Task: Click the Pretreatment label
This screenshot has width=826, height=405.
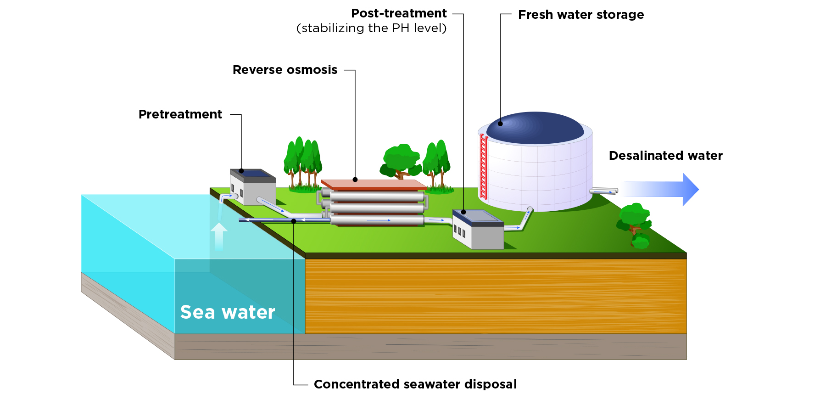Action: coord(180,114)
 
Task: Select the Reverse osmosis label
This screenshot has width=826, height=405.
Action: coord(285,70)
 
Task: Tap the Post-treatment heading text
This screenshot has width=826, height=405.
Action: coord(398,13)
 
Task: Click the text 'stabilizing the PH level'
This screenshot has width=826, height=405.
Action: coord(371,28)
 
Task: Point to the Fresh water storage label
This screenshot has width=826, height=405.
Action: coord(580,15)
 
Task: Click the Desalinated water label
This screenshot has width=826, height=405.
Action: coord(665,156)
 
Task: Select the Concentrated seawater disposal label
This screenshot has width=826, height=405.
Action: coord(415,384)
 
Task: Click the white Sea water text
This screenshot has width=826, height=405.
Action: coord(227,312)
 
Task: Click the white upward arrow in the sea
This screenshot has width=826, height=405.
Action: coord(219,236)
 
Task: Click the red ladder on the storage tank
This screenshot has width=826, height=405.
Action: coord(483,166)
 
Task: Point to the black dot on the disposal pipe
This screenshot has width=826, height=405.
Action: coord(294,221)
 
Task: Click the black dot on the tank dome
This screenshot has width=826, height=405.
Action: coord(500,124)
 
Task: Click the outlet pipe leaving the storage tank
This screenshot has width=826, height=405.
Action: coord(603,191)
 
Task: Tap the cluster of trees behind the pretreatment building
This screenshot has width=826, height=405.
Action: coord(303,163)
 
